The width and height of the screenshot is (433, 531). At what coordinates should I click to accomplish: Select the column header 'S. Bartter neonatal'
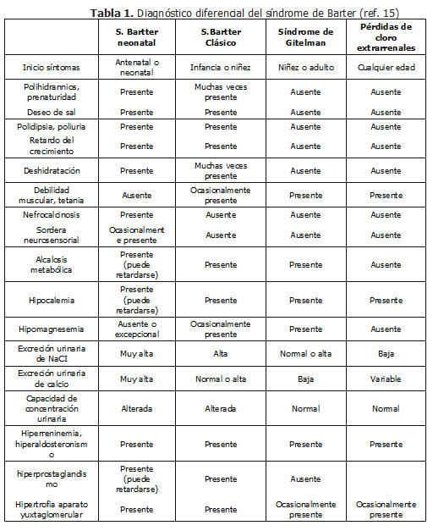[136, 37]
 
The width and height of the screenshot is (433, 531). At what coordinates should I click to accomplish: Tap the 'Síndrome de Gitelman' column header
[305, 37]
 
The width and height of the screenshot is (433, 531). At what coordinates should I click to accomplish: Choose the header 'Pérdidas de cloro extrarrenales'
[386, 37]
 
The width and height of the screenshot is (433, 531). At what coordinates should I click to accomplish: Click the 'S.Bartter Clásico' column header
[220, 37]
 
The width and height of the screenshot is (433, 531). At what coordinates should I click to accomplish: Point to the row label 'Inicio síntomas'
[51, 67]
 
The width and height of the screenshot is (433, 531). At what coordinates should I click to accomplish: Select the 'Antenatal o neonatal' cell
[136, 67]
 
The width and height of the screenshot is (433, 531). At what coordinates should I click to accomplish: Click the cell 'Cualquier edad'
[386, 67]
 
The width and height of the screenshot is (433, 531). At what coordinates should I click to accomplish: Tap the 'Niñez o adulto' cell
[305, 67]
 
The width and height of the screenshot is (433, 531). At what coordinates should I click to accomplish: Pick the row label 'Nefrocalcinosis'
[51, 214]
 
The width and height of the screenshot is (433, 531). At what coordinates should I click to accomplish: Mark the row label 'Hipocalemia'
[51, 300]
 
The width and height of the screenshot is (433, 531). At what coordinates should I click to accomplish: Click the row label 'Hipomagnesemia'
[51, 329]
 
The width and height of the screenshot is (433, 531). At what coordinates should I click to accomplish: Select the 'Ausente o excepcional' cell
[136, 329]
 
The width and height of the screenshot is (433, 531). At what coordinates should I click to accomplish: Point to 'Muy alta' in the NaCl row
[136, 354]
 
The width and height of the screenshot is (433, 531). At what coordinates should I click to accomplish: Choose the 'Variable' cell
[386, 379]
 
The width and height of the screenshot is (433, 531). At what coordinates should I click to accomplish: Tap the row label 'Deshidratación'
[51, 170]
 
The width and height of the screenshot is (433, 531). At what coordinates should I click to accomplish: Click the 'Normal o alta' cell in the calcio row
[220, 379]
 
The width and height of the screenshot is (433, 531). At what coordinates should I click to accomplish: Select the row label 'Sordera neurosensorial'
[51, 235]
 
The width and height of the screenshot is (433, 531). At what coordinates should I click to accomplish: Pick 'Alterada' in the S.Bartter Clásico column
[220, 408]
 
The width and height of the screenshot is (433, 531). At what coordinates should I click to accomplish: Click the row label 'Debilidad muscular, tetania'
[51, 195]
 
